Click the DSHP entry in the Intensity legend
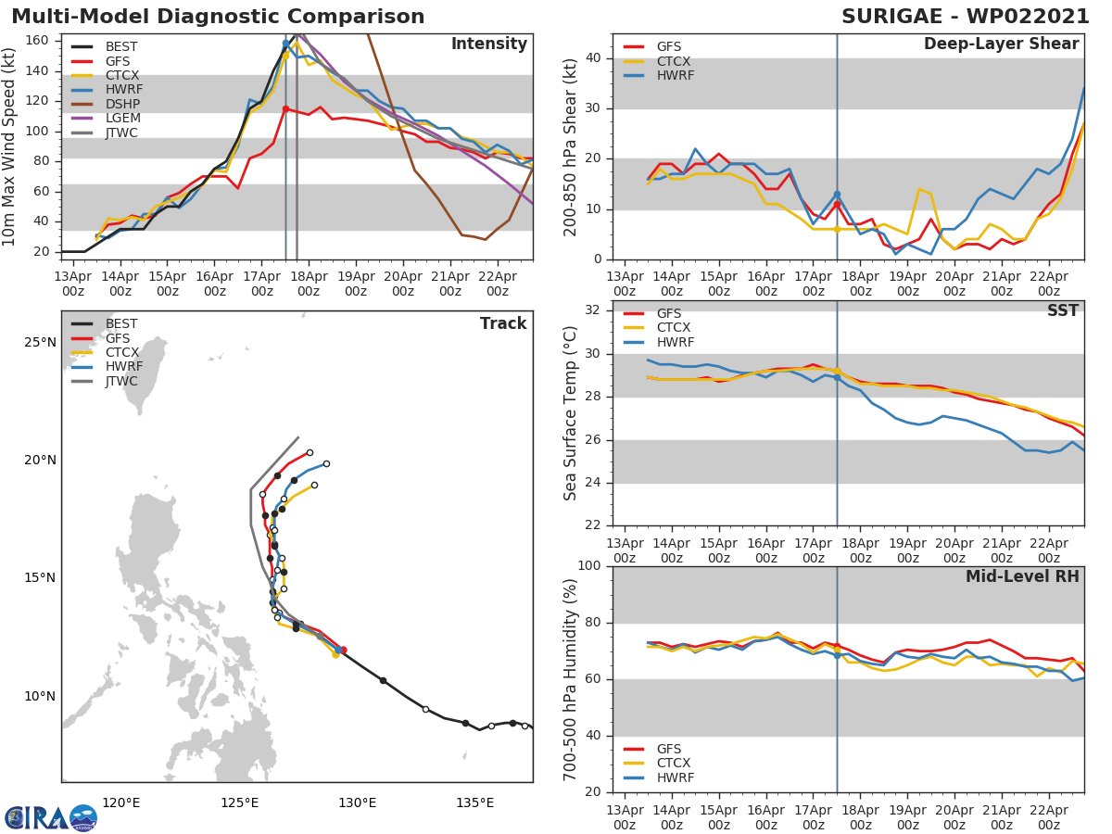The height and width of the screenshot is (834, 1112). tap(121, 104)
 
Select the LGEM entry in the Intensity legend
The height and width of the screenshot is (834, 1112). tap(121, 119)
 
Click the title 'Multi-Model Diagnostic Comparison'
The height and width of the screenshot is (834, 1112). tap(218, 17)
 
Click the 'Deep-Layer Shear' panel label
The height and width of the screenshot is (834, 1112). tap(1001, 44)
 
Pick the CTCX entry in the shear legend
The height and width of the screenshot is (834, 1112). tap(675, 61)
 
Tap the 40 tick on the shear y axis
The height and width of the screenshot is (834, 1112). tap(592, 58)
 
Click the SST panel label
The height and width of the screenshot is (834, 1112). tap(1062, 311)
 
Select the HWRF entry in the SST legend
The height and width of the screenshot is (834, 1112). tap(675, 342)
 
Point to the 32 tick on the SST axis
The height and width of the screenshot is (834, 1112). tap(592, 310)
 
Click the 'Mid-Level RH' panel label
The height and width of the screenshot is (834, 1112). tap(1022, 577)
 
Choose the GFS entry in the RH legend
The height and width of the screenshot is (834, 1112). tap(669, 749)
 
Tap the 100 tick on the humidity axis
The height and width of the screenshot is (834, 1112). tap(588, 566)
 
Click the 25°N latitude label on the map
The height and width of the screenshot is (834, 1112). tap(40, 343)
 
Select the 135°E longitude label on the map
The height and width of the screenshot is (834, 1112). tap(474, 802)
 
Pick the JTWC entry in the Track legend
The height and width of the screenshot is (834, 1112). tap(121, 381)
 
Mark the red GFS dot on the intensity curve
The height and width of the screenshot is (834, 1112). tap(285, 108)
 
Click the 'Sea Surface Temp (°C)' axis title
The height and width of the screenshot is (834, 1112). tap(571, 413)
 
